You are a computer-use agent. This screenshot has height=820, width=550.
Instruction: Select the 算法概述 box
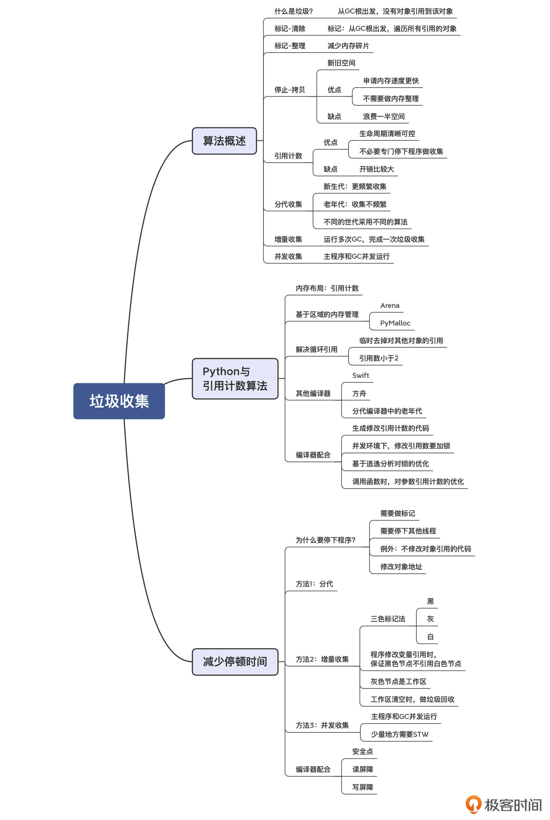224,141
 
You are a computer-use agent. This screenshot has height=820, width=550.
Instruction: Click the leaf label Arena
390,305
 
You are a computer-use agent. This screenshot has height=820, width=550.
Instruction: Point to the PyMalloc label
395,323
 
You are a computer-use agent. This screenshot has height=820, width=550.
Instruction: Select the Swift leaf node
360,375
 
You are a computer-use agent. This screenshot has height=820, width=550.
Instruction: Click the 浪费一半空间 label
384,116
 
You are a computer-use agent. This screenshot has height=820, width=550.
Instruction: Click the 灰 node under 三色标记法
430,619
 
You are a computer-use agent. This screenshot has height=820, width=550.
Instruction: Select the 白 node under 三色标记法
430,637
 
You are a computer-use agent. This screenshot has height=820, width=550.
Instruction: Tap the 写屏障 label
362,787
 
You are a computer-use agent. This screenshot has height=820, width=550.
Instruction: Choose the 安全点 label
362,751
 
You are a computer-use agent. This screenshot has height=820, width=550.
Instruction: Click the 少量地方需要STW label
399,734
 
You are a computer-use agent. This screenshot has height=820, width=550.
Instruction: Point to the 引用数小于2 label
379,358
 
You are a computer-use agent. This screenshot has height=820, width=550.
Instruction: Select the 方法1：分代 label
314,584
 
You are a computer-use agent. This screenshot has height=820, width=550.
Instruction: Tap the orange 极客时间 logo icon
473,804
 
